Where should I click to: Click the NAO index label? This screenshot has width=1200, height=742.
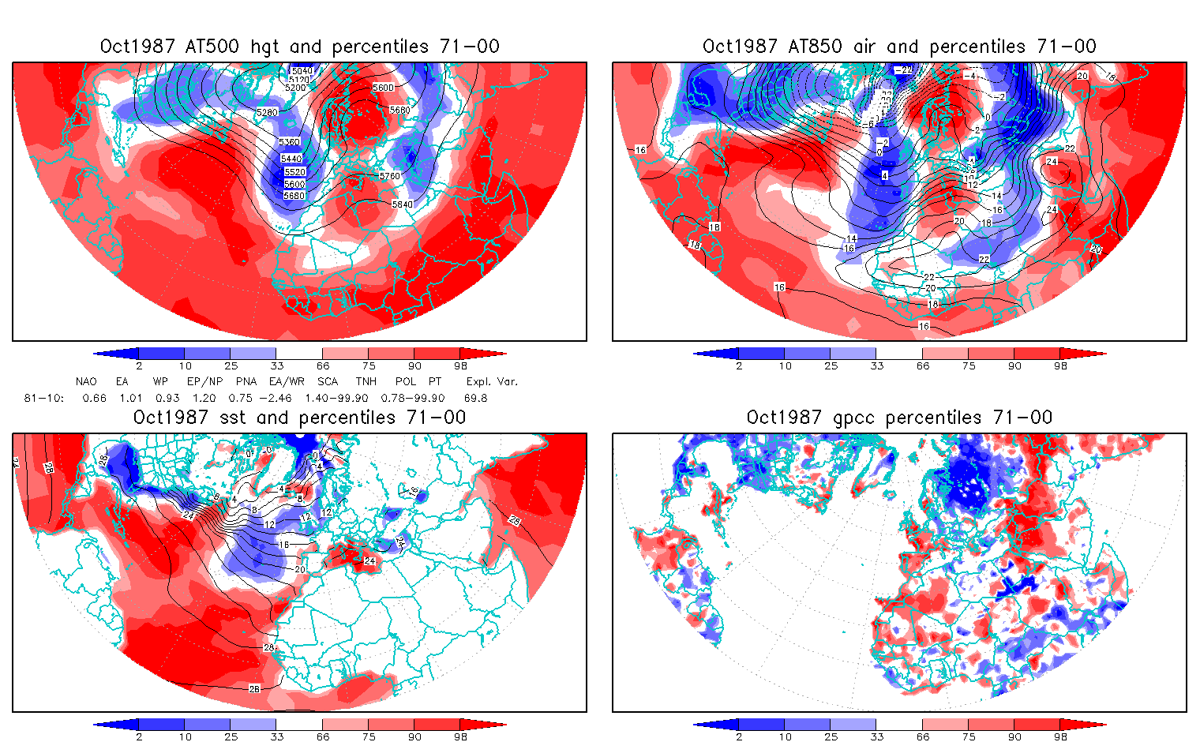86,381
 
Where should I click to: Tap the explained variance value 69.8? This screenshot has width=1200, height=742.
476,398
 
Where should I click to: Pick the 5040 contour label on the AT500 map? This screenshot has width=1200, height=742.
302,71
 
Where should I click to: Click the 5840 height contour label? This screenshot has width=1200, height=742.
402,204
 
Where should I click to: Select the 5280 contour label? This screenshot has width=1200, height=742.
268,113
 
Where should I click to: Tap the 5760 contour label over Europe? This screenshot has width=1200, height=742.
390,176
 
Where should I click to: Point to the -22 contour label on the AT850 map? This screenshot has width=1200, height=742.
902,70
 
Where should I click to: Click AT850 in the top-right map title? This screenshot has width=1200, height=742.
816,47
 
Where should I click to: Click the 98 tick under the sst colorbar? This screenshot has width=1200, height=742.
461,736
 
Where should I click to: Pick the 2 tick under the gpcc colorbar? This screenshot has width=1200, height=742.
739,736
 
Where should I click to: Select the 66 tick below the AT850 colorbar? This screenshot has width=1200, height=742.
923,365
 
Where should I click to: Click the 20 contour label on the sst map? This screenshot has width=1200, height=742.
299,569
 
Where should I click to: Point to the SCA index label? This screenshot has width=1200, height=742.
328,381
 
